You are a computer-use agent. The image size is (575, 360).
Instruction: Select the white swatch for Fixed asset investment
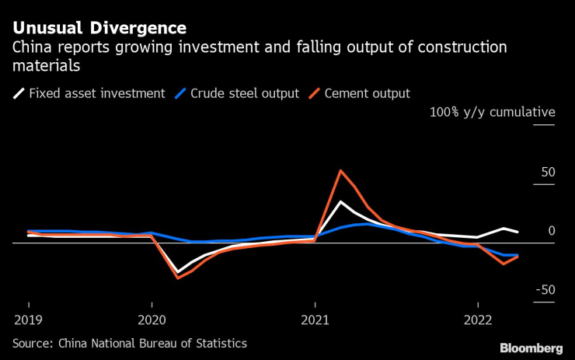coord(18,94)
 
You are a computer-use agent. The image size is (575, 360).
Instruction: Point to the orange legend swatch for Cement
coord(315,94)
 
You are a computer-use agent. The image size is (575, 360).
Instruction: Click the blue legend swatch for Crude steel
coord(180,94)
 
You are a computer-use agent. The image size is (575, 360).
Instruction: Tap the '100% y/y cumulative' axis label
coord(492,112)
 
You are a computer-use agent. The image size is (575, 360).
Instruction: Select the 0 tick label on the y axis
coord(551,231)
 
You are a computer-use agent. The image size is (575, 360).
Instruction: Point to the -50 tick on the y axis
coord(545,290)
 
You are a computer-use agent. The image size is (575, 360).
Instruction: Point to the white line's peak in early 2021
coord(340,202)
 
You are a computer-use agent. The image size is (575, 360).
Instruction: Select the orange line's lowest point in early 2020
coord(178,278)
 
